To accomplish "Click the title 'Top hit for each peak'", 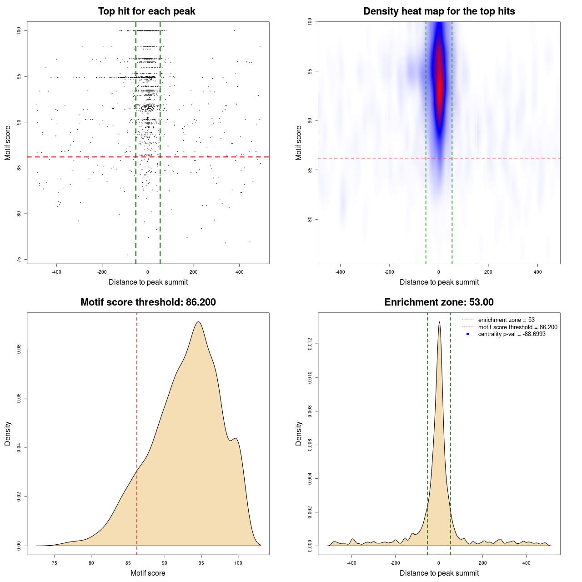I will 146,11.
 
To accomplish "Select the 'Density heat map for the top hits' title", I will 439,11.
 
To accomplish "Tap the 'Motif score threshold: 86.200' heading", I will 148,302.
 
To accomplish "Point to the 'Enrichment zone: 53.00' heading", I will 439,302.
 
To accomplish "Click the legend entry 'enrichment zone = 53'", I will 506,320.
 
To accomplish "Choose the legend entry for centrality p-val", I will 512,334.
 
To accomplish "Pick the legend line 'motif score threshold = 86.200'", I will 517,327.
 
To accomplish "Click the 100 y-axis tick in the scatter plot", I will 19,30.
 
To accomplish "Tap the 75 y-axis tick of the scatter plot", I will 19,260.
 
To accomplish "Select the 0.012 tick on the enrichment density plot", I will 310,344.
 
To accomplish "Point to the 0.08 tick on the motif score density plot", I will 19,349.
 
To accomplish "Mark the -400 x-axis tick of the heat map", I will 340,272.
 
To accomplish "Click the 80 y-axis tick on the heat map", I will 310,219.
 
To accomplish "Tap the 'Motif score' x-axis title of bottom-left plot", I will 148,573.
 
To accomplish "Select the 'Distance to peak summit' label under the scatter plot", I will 148,282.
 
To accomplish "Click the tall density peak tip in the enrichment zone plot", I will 439,322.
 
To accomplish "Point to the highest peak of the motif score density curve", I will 198,322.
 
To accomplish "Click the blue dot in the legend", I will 468,334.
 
